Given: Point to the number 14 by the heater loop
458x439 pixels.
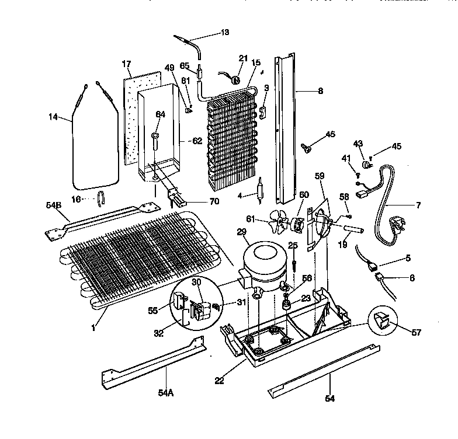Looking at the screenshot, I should (x=54, y=117).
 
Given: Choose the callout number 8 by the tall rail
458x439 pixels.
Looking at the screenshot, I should (x=320, y=91).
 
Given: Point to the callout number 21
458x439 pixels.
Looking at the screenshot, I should (x=243, y=57).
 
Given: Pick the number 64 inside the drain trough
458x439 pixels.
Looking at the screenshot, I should (x=160, y=114).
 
